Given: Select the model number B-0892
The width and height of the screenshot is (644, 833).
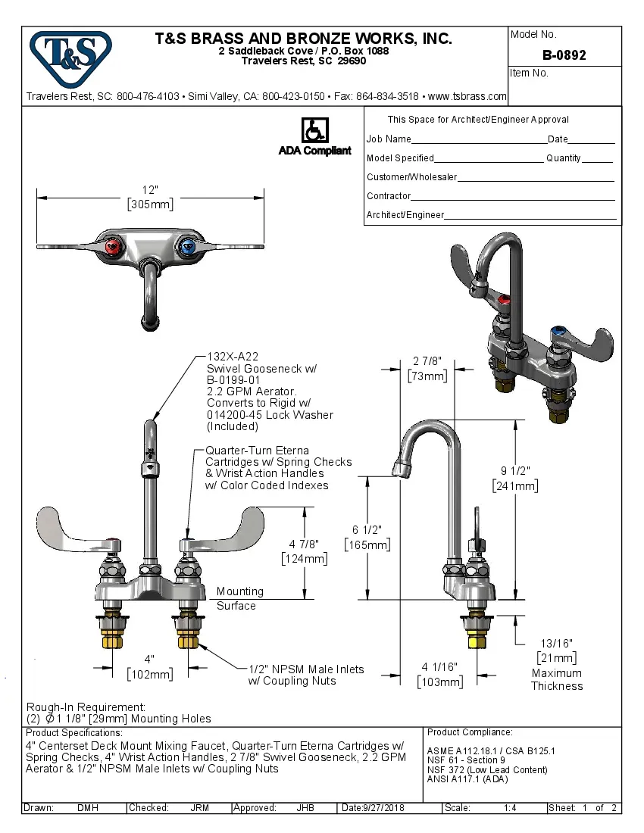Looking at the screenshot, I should pyautogui.click(x=564, y=55).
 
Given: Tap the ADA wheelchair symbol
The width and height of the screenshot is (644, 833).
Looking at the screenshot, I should pyautogui.click(x=314, y=130).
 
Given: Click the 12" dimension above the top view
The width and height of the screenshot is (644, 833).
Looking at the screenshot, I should pyautogui.click(x=150, y=189).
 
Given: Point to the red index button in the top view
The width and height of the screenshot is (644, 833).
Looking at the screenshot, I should pyautogui.click(x=113, y=246).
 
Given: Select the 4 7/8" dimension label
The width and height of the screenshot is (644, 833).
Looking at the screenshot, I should pyautogui.click(x=303, y=544).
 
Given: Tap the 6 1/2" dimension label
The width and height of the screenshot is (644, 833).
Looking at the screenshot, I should pyautogui.click(x=367, y=529).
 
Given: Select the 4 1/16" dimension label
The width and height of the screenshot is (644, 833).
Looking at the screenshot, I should pyautogui.click(x=439, y=667).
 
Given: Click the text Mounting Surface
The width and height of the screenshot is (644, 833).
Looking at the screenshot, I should pyautogui.click(x=238, y=598).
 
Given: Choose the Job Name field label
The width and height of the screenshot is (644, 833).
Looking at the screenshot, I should pyautogui.click(x=389, y=139).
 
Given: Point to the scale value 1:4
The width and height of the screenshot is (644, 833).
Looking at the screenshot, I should pyautogui.click(x=510, y=808).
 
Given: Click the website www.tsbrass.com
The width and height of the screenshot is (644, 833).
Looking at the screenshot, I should pyautogui.click(x=467, y=96).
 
